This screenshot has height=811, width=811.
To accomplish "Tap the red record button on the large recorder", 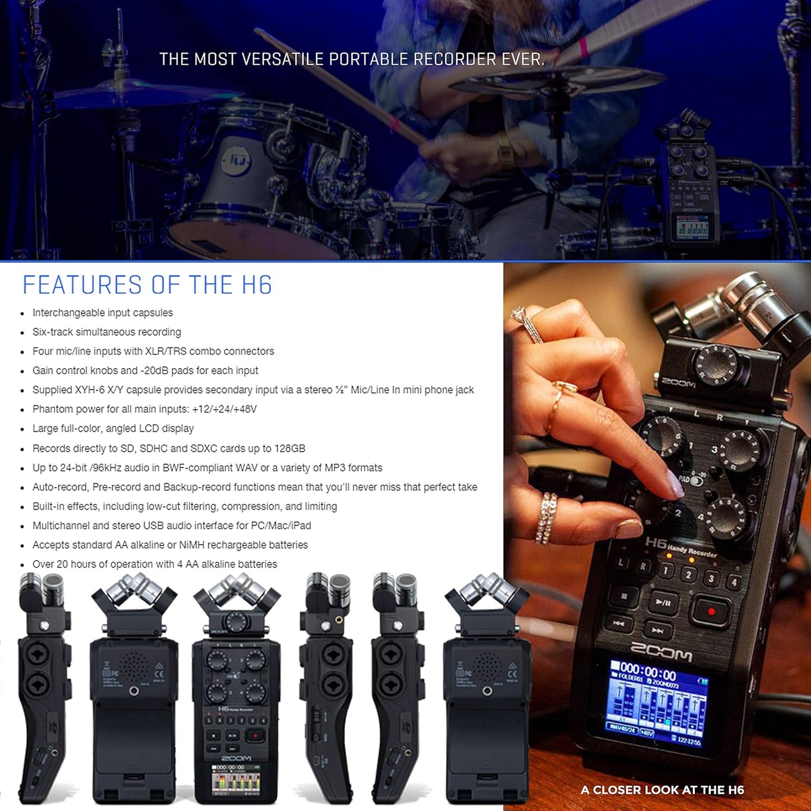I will pyautogui.click(x=711, y=611).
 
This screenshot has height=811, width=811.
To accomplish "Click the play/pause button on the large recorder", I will pyautogui.click(x=663, y=602).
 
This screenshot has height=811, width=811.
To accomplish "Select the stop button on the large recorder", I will pyautogui.click(x=624, y=596).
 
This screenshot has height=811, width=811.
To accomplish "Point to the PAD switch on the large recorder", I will pyautogui.click(x=696, y=481).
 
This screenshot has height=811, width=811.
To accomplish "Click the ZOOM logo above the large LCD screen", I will pyautogui.click(x=661, y=653).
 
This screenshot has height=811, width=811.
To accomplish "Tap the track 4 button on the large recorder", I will pyautogui.click(x=733, y=583).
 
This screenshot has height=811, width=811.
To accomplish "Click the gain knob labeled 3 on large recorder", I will pyautogui.click(x=740, y=450).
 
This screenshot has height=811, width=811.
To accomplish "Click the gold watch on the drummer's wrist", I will pyautogui.click(x=505, y=150).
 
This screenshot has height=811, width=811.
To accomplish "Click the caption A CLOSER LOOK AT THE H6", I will pyautogui.click(x=662, y=790).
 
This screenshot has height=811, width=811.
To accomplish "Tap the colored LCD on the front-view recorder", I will pyautogui.click(x=236, y=781).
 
